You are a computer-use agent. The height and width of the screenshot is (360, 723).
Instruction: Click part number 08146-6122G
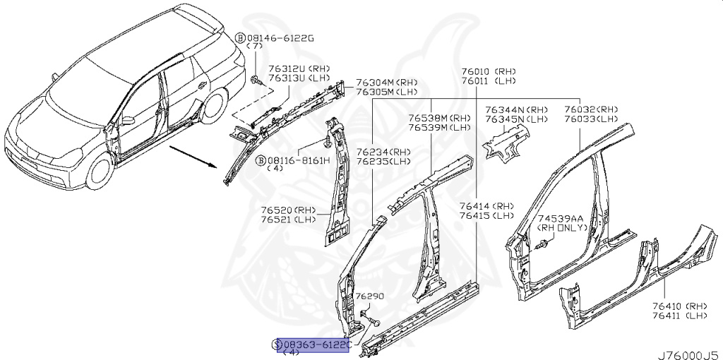click(280, 37)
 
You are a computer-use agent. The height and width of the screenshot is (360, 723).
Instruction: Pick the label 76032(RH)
click(591, 110)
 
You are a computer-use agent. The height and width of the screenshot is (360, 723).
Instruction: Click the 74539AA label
click(561, 219)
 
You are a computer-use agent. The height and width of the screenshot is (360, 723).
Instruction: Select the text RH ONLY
click(562, 228)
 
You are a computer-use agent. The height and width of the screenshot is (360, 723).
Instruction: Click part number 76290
click(369, 296)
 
